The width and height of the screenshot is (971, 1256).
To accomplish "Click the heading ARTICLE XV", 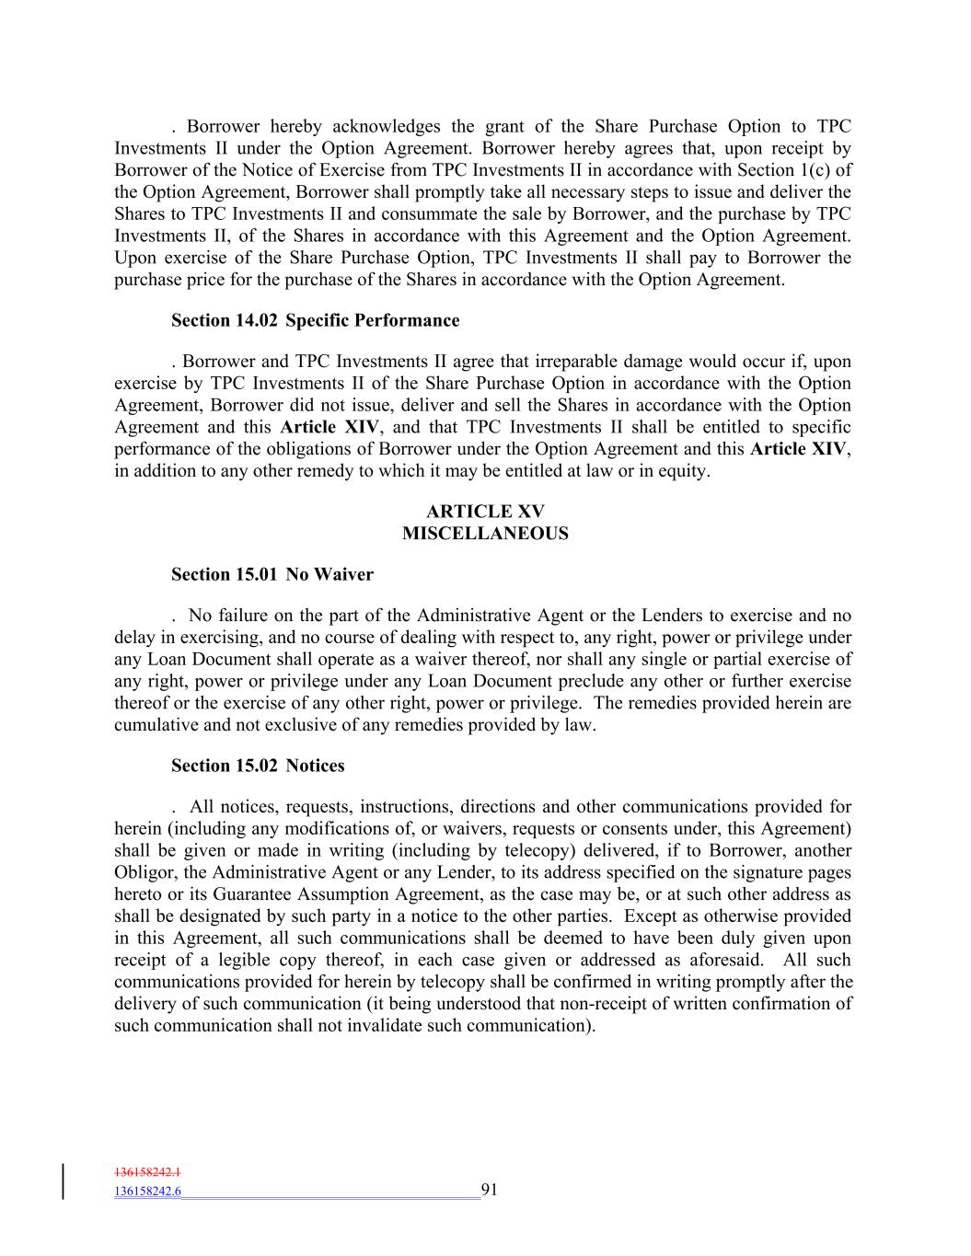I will coord(485,512).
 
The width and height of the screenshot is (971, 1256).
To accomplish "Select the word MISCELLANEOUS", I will coord(485,534).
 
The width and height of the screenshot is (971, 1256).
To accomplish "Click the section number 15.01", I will coord(254,574).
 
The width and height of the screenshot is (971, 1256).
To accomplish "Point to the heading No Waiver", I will coord(329,574).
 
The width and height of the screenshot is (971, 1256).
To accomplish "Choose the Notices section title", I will coord(315,766).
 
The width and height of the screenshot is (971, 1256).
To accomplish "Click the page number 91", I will coord(489,1190).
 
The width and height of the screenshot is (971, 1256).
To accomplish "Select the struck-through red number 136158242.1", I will coord(147,1172).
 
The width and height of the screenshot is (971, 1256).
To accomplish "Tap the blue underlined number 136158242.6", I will coord(147,1191).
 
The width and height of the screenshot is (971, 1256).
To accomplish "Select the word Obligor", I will coord(145,872).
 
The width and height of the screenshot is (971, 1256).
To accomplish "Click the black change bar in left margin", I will coord(64,1181).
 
